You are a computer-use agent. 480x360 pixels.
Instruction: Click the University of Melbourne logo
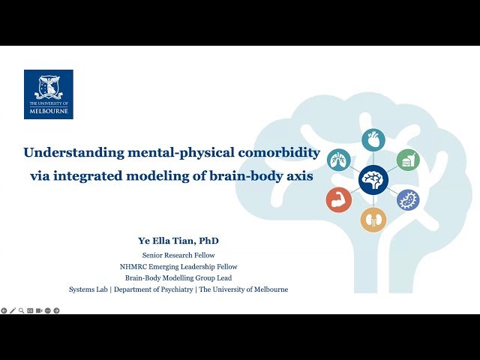[48, 94]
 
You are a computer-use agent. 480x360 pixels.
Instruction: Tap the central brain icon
[372, 180]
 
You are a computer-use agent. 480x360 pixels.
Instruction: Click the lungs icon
[339, 160]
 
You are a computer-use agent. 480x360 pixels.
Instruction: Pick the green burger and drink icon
[407, 160]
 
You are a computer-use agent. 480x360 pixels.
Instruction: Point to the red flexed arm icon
[338, 199]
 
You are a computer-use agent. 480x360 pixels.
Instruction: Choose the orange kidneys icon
[372, 219]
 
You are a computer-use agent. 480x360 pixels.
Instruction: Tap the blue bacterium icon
[407, 199]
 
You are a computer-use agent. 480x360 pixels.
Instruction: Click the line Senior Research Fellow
[178, 255]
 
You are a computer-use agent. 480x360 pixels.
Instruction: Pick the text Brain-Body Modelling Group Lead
[178, 277]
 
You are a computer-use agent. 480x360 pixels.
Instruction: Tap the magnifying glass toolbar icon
[21, 310]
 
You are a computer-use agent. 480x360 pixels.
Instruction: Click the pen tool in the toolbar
[12, 310]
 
